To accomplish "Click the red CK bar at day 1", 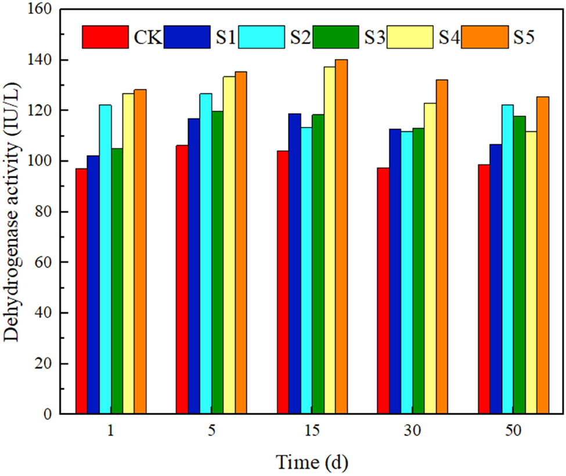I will coord(81,291).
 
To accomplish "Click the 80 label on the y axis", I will coord(49,212).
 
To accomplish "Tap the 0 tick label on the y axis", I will coord(53,414).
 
